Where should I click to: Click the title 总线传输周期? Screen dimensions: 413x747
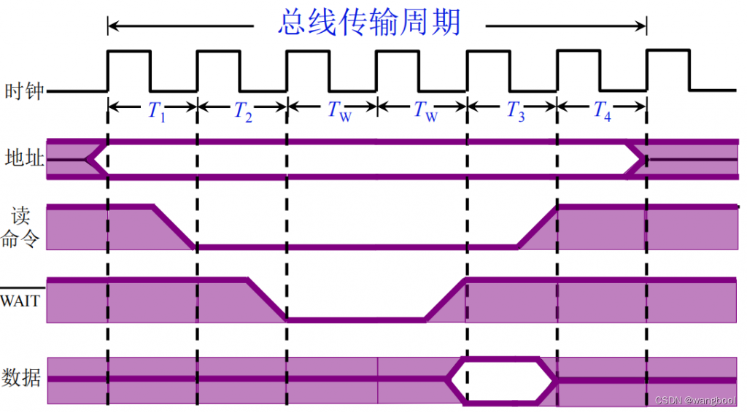[x=369, y=23]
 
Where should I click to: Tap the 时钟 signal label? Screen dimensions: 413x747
[x=24, y=91]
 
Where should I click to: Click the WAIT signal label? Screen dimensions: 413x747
[x=20, y=300]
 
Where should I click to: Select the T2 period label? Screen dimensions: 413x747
[x=243, y=111]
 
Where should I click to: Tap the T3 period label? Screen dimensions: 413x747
[x=516, y=111]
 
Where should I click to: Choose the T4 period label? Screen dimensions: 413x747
[x=602, y=111]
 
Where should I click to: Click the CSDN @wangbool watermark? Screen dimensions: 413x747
[x=695, y=401]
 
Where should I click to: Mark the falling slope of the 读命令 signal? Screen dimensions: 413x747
[x=174, y=227]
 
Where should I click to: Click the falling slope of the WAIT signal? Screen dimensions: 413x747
[x=267, y=299]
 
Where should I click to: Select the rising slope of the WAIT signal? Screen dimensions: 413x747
[x=445, y=299]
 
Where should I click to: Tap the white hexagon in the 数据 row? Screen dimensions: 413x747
[x=501, y=379]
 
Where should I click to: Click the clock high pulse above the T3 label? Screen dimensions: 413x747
[x=487, y=52]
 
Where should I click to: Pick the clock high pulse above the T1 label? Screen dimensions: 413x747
[x=129, y=52]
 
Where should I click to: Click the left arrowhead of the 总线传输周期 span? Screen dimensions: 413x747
[x=113, y=26]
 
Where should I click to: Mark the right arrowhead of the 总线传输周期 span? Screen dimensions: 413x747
[x=642, y=26]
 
